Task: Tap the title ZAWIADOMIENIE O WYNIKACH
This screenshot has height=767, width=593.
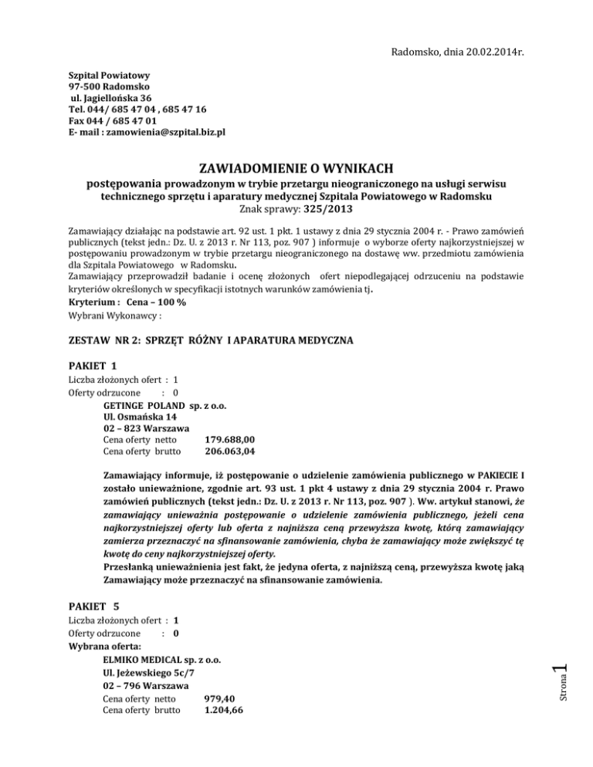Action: click(x=296, y=169)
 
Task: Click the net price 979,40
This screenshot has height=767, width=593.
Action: click(x=219, y=698)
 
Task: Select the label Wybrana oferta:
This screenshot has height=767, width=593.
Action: click(x=104, y=647)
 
